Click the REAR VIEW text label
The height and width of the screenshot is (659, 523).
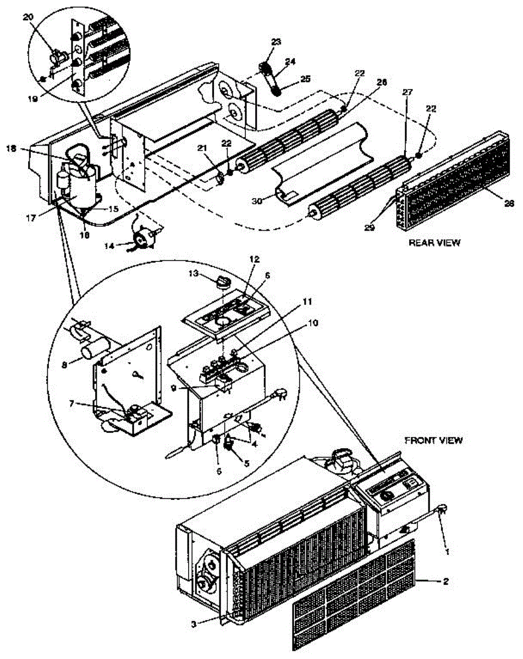coord(434,242)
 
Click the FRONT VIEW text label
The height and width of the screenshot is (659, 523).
coord(434,439)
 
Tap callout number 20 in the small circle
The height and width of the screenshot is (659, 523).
coord(28,17)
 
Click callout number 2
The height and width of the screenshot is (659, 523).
coord(445,580)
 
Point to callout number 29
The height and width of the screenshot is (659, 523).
coord(369,227)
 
